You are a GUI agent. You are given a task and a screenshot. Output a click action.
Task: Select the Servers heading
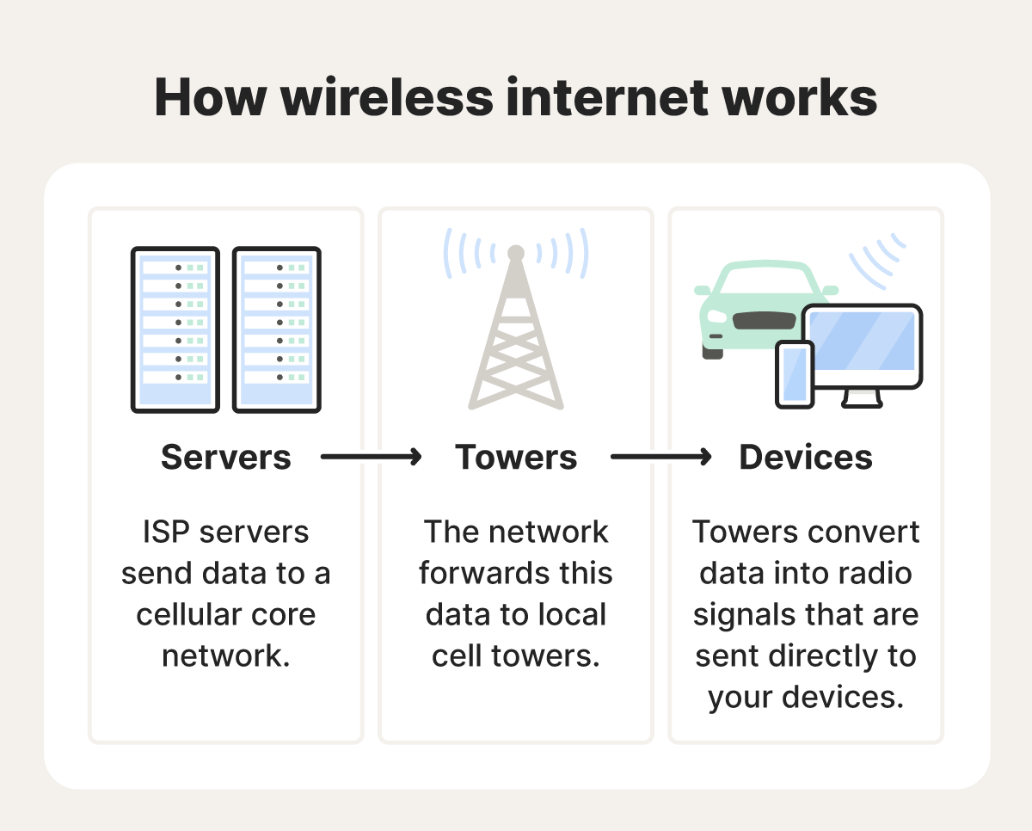(226, 458)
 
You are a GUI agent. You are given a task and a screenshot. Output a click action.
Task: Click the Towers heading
(516, 458)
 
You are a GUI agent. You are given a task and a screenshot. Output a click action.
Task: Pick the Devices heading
(806, 458)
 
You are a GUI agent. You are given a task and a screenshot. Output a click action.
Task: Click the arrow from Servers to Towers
(372, 458)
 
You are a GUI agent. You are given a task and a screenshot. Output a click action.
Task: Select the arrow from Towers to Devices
(661, 458)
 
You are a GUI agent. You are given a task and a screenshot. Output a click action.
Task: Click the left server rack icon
(175, 329)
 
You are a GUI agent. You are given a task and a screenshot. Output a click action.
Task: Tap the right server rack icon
(277, 329)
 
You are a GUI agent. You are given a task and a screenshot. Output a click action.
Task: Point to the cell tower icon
(516, 335)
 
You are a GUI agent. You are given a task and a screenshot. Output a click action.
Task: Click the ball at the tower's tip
(516, 253)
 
